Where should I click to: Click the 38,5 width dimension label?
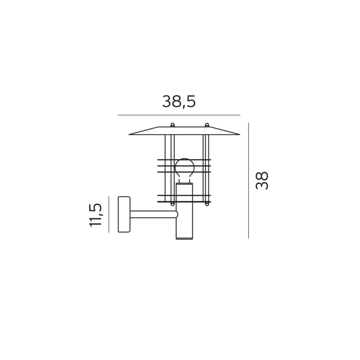tap(179, 102)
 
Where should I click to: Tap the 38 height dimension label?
tap(262, 180)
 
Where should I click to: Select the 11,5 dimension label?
tap(95, 215)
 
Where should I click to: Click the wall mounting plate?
tap(124, 214)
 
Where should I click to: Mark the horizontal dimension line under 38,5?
tap(179, 115)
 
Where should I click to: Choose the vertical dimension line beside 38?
tap(248, 180)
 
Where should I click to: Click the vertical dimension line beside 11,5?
tap(109, 214)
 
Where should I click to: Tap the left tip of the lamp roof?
tap(129, 135)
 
